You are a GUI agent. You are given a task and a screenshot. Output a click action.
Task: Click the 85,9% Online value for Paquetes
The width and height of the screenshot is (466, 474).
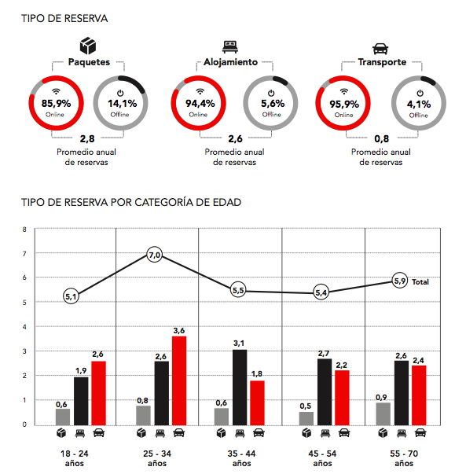point(57,104)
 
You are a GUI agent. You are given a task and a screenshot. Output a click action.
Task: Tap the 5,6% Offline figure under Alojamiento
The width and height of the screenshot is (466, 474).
point(273,104)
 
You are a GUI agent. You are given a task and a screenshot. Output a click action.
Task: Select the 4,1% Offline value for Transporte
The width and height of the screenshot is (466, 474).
point(419,105)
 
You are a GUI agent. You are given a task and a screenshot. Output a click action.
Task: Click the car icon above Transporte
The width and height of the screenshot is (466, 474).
point(380,49)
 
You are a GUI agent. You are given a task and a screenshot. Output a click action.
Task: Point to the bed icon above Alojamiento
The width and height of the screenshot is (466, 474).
point(230,47)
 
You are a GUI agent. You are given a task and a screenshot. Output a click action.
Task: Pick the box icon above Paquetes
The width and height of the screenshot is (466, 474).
point(88,46)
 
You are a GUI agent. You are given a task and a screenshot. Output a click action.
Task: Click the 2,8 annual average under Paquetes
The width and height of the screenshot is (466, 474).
point(87,139)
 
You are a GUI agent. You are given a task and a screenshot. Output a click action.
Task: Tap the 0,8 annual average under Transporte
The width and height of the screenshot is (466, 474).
point(381,139)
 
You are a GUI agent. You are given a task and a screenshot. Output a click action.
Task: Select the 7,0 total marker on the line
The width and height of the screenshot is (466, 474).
point(155,255)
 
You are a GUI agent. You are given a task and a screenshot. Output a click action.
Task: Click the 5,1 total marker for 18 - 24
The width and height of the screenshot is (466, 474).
point(71,296)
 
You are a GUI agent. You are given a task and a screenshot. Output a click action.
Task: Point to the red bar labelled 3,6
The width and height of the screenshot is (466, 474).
point(179,380)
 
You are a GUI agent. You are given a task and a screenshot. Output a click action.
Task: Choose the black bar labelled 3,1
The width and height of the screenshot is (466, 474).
point(240,388)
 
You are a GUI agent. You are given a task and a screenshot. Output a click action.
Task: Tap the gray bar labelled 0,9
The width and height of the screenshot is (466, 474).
point(383,413)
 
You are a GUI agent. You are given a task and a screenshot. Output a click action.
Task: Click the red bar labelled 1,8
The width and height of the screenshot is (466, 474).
point(258,403)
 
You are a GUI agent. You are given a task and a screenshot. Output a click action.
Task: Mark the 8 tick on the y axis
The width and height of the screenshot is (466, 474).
point(24,230)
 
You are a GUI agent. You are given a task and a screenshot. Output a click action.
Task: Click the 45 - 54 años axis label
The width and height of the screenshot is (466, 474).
point(322,458)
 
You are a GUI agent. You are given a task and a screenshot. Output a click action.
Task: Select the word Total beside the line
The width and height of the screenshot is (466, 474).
point(420,281)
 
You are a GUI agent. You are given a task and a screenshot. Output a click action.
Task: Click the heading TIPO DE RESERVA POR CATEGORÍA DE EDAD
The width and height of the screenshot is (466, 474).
point(131,202)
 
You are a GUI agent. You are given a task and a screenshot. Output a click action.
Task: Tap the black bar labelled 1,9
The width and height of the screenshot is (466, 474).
point(81,401)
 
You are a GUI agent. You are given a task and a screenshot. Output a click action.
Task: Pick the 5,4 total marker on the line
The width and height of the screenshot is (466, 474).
point(321,292)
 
